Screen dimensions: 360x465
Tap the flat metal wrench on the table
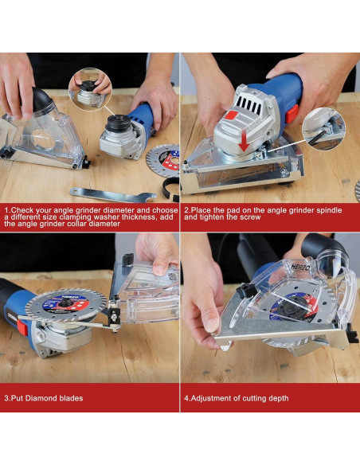[113, 195]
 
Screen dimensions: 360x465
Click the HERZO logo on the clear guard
[300, 266]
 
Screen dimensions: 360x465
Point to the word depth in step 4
[279, 398]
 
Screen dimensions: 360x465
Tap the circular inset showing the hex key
[324, 129]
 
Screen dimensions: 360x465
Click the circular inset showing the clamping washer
[90, 89]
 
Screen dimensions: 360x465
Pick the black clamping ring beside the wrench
[170, 189]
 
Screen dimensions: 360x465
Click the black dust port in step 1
[41, 100]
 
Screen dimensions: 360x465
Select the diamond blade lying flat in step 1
[164, 161]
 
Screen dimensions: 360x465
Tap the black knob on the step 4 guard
[246, 291]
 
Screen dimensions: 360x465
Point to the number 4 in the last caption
[186, 398]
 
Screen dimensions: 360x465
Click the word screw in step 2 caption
[250, 217]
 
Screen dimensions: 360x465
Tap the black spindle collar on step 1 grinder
[119, 122]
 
